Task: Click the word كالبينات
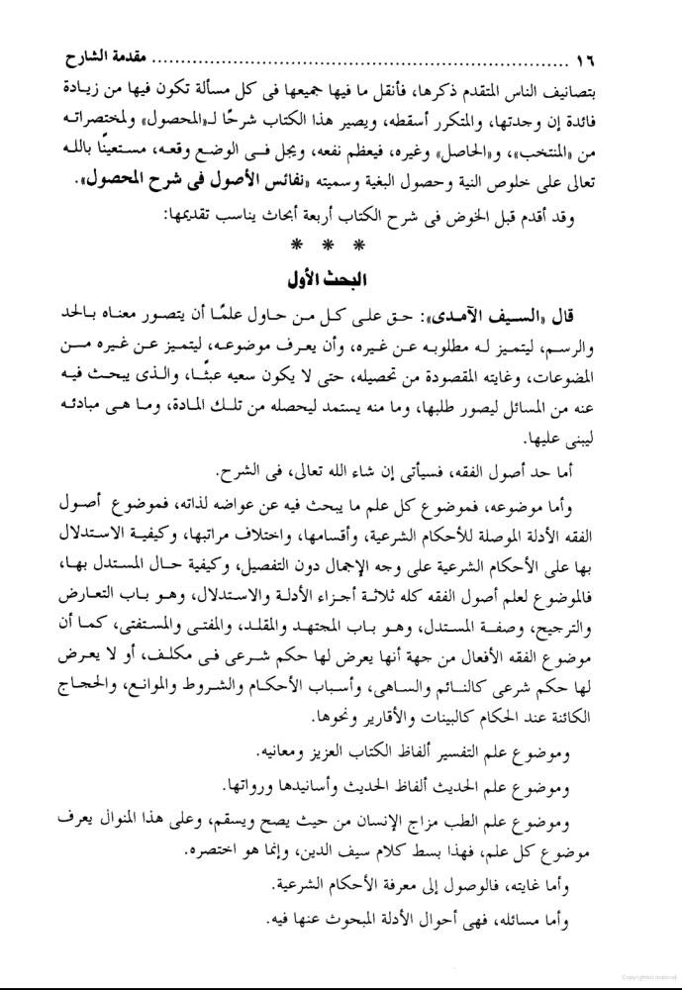(388, 715)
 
